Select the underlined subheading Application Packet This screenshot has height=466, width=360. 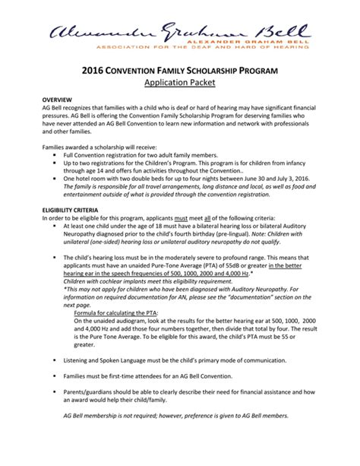[179, 85]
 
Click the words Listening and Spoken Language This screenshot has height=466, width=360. [110, 357]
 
